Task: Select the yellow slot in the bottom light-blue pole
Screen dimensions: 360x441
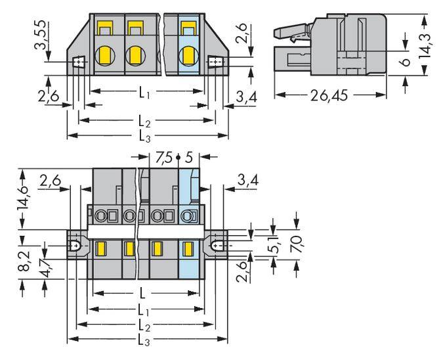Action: (187, 248)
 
